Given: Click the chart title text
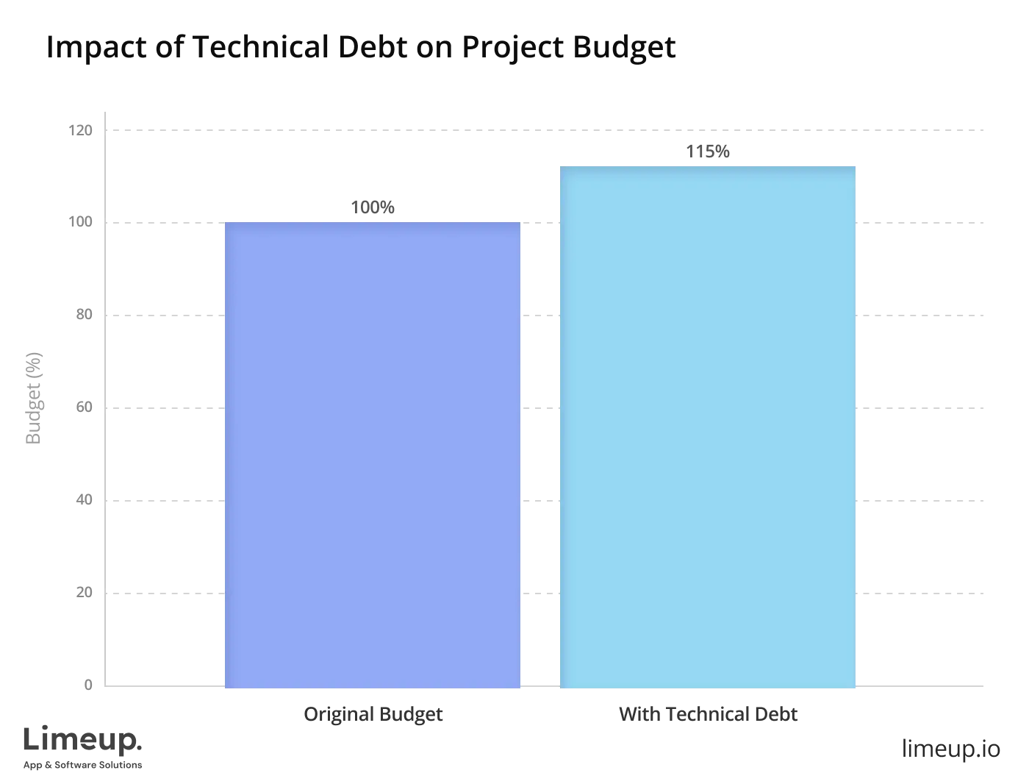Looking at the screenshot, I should coord(361,47).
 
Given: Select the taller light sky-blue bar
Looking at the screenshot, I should coord(708,426).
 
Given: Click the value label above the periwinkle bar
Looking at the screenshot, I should coord(373,209).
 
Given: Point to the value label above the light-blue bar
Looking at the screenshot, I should coord(708,151).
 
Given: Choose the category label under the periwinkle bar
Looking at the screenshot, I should coord(373,714).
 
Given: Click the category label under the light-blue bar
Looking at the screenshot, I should coord(708,714).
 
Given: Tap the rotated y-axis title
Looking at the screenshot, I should coord(34,397).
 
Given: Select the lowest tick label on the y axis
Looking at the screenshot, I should coord(88,685).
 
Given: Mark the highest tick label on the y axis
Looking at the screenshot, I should coord(81,132).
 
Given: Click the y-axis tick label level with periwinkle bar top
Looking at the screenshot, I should coord(81,221).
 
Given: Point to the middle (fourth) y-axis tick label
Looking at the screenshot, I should coord(85,408).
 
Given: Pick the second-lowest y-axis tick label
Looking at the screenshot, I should coord(85,591).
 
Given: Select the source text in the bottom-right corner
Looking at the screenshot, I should coord(950,749).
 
